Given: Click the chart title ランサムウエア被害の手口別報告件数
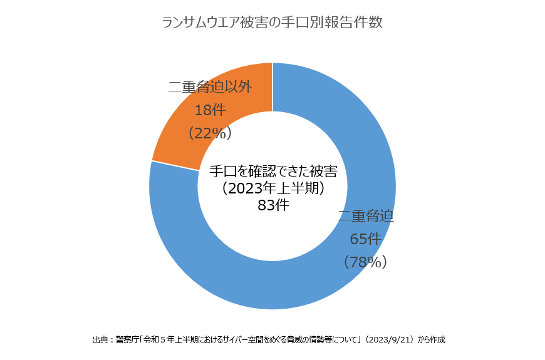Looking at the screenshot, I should click(x=272, y=23).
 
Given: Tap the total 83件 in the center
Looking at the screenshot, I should click(x=273, y=205).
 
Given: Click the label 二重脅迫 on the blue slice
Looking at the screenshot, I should click(x=366, y=217).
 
